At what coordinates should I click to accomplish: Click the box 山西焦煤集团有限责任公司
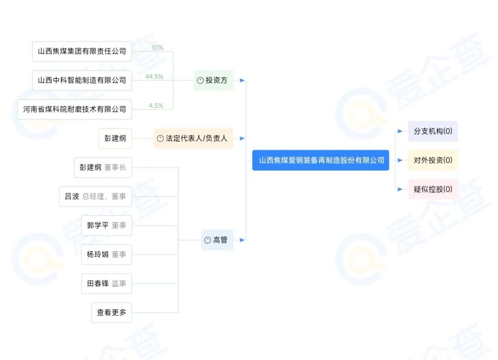point(82,51)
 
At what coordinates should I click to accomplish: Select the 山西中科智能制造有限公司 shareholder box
point(82,80)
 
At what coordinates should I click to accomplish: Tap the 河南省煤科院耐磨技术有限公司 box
point(75,109)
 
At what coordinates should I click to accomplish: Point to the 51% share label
point(158,48)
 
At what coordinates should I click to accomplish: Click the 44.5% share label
point(154,77)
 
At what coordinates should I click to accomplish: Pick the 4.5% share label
point(156,106)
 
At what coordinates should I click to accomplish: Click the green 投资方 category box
point(213,80)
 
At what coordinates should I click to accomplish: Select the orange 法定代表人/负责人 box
point(194,138)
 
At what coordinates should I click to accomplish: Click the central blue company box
point(320,160)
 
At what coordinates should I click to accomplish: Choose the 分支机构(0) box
point(433,131)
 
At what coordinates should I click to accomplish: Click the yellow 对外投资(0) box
point(433,160)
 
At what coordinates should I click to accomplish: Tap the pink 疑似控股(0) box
point(433,189)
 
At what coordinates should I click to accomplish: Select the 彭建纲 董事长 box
point(103,168)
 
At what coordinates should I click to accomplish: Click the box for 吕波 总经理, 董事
point(95,196)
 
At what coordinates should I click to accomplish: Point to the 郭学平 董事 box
point(107,225)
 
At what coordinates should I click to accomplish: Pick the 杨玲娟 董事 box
point(107,254)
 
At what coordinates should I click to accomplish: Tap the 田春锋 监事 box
point(107,283)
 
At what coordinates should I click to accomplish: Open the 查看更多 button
point(112,313)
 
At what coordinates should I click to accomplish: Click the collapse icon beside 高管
point(207,240)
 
